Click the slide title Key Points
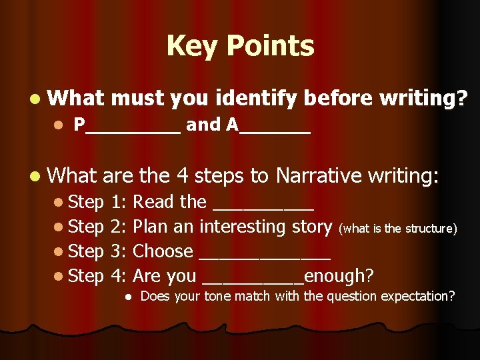point(240,46)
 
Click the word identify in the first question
point(257,99)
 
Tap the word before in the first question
point(338,99)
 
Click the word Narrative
point(318,176)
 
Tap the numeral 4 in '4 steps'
point(183,176)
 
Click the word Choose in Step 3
point(163,251)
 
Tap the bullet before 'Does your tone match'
point(127,296)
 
